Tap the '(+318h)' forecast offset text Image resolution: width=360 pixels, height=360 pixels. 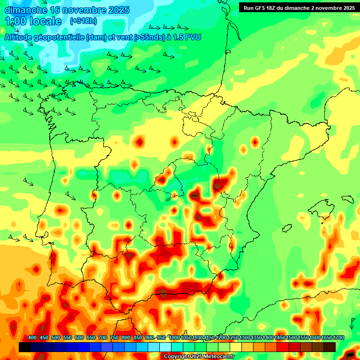pyautogui.click(x=83, y=21)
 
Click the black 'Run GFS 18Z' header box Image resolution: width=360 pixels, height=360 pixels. pyautogui.click(x=299, y=7)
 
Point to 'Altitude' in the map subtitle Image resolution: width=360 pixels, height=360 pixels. pyautogui.click(x=22, y=37)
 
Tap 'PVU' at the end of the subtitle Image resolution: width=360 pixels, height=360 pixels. pyautogui.click(x=193, y=37)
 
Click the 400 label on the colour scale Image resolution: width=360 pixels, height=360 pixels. pyautogui.click(x=32, y=338)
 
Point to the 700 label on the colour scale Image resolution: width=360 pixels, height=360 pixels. pyautogui.click(x=103, y=338)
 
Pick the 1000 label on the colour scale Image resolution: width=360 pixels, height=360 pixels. pyautogui.click(x=174, y=338)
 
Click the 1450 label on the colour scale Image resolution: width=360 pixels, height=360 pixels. pyautogui.click(x=280, y=338)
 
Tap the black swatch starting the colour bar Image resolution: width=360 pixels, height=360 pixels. pyautogui.click(x=25, y=347)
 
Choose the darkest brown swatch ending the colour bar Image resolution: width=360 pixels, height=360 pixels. pyautogui.click(x=330, y=347)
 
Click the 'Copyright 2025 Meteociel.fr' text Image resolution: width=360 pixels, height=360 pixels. pyautogui.click(x=199, y=356)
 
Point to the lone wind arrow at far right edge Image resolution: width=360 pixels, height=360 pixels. pyautogui.click(x=352, y=323)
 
